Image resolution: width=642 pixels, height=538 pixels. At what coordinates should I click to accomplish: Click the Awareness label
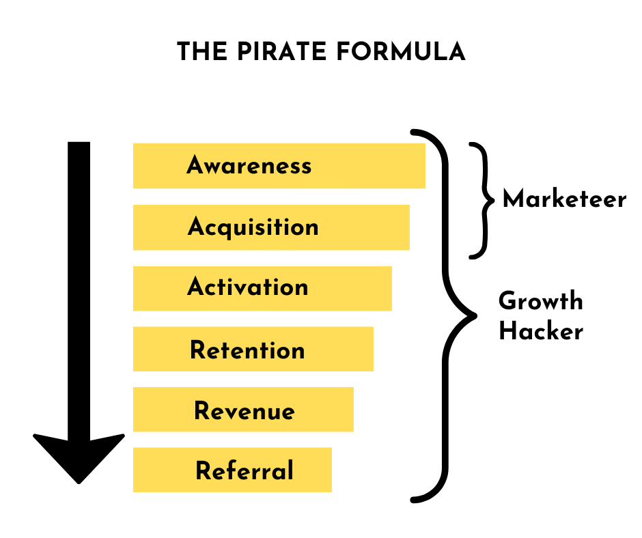[249, 165]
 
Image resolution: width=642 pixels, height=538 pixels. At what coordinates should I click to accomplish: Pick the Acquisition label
[253, 227]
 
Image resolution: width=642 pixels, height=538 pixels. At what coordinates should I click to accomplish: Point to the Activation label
[247, 287]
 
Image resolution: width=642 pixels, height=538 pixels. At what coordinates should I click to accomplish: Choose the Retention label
[247, 350]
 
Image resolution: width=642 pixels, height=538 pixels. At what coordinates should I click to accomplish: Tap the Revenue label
[245, 411]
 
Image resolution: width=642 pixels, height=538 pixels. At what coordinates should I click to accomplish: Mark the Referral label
[245, 471]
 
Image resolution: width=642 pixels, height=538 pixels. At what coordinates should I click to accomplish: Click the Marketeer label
[564, 199]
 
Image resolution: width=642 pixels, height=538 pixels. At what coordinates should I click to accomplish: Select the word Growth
[540, 300]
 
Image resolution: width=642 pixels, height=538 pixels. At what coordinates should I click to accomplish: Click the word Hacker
[540, 332]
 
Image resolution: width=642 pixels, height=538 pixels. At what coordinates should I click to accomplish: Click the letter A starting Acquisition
[197, 227]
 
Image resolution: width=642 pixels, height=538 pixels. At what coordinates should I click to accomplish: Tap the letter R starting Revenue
[201, 411]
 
